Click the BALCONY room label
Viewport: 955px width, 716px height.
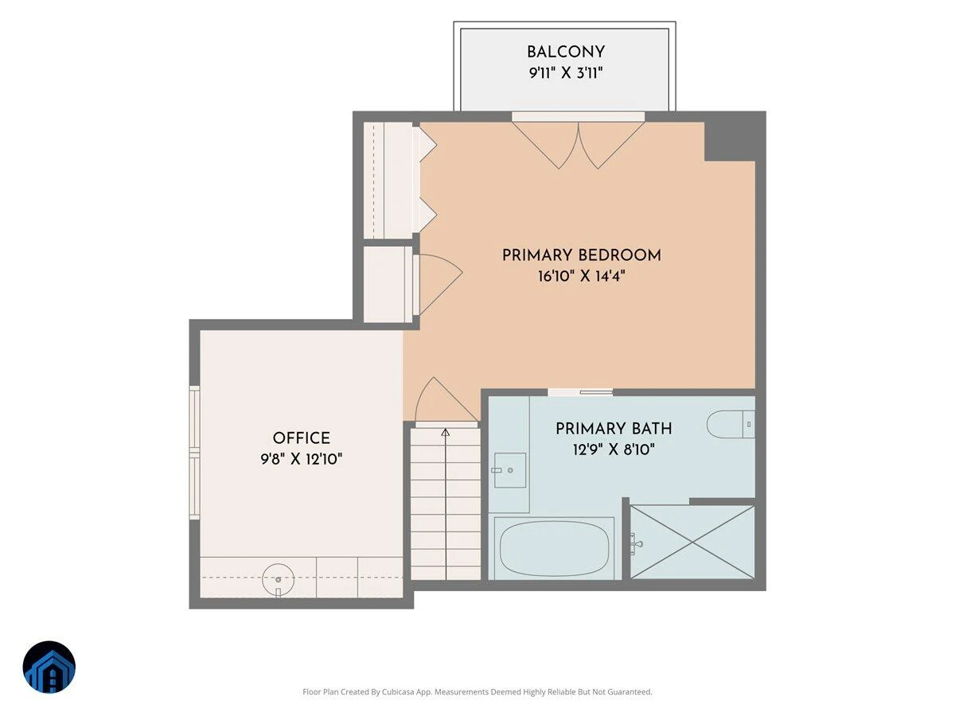pyautogui.click(x=566, y=53)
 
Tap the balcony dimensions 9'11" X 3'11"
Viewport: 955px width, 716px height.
pyautogui.click(x=566, y=72)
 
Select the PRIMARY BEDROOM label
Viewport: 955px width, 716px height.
pyautogui.click(x=582, y=255)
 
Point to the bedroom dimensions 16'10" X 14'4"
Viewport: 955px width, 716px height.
pyautogui.click(x=581, y=275)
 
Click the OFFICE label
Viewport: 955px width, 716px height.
pyautogui.click(x=301, y=438)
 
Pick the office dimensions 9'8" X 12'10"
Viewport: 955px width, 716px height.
pyautogui.click(x=301, y=459)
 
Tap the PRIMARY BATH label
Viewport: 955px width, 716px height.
pyautogui.click(x=614, y=429)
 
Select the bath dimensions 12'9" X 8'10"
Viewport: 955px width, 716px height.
pyautogui.click(x=614, y=449)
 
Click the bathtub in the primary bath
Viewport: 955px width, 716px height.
pyautogui.click(x=554, y=549)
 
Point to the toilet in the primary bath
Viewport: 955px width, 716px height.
pyautogui.click(x=731, y=424)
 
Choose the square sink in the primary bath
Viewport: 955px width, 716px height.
pyautogui.click(x=510, y=470)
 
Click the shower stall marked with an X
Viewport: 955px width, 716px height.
pyautogui.click(x=692, y=542)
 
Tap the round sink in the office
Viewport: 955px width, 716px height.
pyautogui.click(x=279, y=579)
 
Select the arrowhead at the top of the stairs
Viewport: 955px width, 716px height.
pyautogui.click(x=445, y=433)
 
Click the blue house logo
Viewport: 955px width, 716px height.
pyautogui.click(x=49, y=667)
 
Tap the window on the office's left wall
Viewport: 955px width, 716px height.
pyautogui.click(x=194, y=453)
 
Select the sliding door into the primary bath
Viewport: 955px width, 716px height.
pyautogui.click(x=580, y=392)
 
